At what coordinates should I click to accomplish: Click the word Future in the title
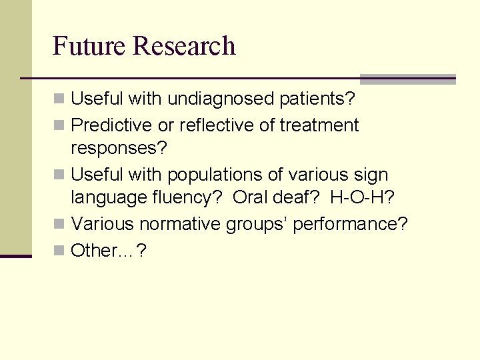89,46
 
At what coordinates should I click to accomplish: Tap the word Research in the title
184,46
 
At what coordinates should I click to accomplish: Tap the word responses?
119,148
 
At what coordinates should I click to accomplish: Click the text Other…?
109,250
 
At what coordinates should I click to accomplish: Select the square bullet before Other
59,251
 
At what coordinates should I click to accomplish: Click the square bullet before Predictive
59,126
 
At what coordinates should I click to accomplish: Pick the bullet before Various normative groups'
59,225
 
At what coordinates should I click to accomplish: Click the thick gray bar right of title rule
407,79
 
